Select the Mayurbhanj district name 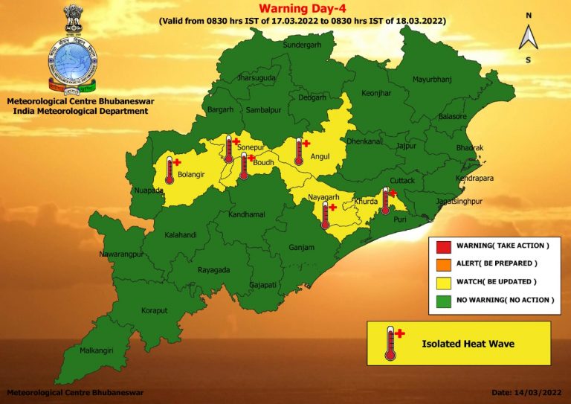click(432, 78)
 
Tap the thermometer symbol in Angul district click(300, 151)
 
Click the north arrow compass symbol click(528, 36)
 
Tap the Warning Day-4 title click(302, 9)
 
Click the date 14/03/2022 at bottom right click(521, 392)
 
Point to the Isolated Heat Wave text click(468, 344)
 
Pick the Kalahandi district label click(181, 235)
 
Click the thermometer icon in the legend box click(391, 343)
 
